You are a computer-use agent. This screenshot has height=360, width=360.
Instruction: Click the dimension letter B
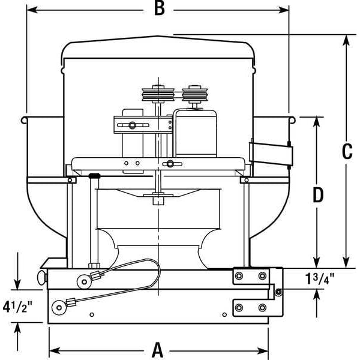(x=159, y=8)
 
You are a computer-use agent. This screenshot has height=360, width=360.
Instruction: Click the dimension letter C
(x=346, y=152)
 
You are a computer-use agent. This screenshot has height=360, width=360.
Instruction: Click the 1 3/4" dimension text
(x=318, y=279)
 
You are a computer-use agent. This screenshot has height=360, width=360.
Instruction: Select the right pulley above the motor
(x=193, y=94)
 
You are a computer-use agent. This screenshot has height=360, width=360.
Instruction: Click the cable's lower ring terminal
(x=59, y=308)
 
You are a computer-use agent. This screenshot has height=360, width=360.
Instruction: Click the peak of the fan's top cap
(x=160, y=37)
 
